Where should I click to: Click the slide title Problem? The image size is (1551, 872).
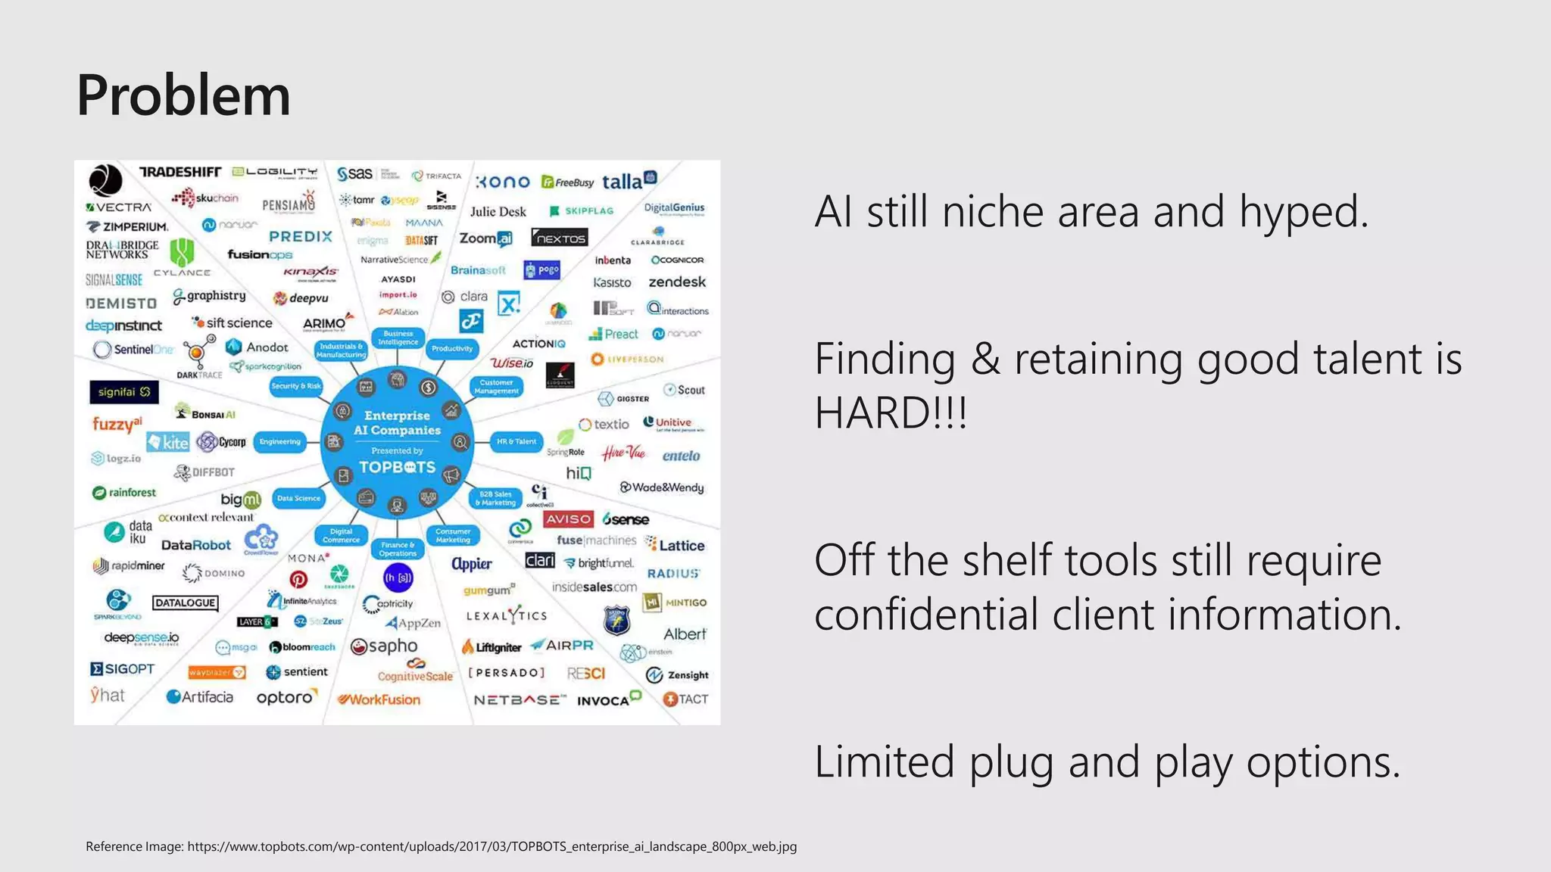[183, 96]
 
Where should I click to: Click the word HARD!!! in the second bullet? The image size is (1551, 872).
[891, 413]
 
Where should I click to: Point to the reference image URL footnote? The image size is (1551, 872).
[441, 846]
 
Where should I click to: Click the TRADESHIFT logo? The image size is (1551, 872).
[180, 173]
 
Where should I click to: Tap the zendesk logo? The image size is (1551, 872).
[676, 282]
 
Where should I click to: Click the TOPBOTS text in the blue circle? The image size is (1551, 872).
[397, 467]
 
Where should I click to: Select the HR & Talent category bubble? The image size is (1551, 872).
[516, 441]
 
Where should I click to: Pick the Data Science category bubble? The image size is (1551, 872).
[298, 498]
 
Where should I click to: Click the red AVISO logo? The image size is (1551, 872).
[568, 519]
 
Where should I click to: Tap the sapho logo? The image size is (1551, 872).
[384, 646]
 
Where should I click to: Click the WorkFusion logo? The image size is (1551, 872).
[379, 699]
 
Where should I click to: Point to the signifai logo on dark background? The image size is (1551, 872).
[123, 391]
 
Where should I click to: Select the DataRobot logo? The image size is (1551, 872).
[195, 545]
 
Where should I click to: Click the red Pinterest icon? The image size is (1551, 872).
[298, 580]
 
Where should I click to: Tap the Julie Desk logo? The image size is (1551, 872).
[498, 211]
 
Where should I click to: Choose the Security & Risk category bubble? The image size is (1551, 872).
[296, 386]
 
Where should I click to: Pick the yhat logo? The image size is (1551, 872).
[107, 695]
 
